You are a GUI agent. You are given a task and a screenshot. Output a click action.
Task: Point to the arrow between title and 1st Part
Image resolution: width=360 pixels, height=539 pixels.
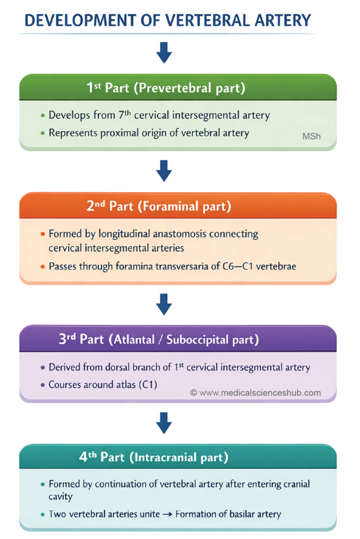tap(165, 52)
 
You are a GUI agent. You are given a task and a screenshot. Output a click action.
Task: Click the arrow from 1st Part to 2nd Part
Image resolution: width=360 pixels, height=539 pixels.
tap(165, 170)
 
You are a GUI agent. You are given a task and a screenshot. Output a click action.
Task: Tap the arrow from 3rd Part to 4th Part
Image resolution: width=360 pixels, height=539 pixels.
tap(165, 422)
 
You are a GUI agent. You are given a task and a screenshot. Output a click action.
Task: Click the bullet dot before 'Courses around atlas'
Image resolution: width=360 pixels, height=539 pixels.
tap(43, 385)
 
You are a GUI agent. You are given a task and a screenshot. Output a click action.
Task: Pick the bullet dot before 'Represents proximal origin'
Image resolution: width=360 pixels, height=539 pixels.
tap(43, 133)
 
